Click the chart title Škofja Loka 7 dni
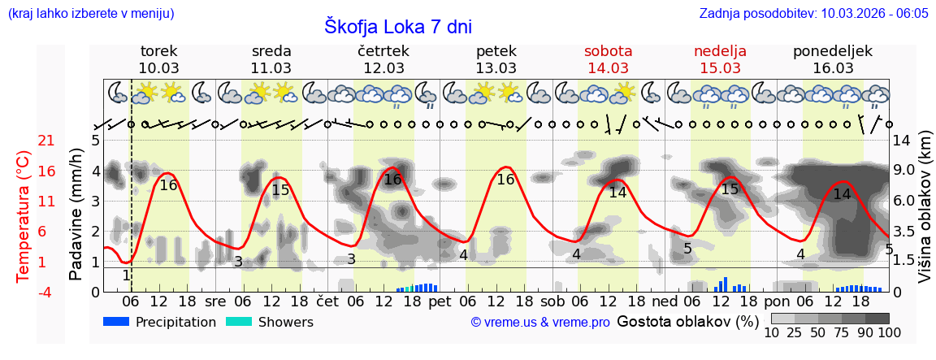[398, 26]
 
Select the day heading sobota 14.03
[608, 59]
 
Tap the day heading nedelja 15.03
[720, 59]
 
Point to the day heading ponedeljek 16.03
[833, 59]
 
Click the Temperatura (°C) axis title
[24, 216]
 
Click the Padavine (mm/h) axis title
[76, 215]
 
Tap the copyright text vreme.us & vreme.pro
[540, 322]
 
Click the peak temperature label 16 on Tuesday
[168, 185]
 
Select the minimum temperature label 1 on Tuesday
[126, 275]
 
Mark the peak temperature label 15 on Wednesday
[280, 190]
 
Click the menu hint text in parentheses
[90, 13]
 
